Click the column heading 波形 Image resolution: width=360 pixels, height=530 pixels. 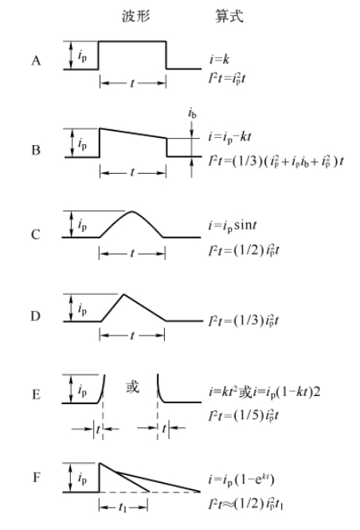(135, 16)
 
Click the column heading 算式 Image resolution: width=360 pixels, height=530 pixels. (229, 16)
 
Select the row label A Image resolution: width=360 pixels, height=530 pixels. (36, 61)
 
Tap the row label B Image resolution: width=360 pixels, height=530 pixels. (36, 150)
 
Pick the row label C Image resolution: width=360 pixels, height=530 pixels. (36, 234)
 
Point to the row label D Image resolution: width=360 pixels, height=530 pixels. (36, 316)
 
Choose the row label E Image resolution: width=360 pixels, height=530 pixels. (36, 395)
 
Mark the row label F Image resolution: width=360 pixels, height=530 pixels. (36, 477)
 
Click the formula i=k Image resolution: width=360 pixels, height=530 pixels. (219, 60)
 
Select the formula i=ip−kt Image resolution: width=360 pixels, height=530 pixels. (229, 137)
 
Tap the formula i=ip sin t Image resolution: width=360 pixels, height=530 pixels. (233, 226)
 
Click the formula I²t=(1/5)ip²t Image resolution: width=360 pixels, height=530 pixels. (244, 415)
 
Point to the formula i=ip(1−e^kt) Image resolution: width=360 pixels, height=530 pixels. (241, 480)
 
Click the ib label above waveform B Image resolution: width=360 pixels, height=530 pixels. (192, 113)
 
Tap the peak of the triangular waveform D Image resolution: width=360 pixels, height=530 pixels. (124, 294)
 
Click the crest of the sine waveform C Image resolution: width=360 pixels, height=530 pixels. (131, 211)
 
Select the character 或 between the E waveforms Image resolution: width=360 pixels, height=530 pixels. (132, 387)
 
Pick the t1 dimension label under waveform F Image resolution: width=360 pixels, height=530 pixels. (123, 507)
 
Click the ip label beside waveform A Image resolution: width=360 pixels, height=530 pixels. (82, 56)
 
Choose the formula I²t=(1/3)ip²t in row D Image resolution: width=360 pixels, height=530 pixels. (244, 320)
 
